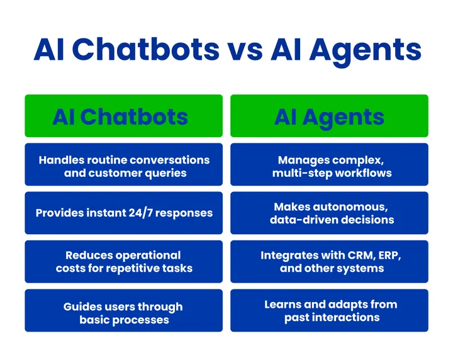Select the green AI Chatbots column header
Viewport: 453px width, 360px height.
coord(123,116)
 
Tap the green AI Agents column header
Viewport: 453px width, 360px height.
coord(329,116)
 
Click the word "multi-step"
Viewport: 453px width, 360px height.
coord(300,173)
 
